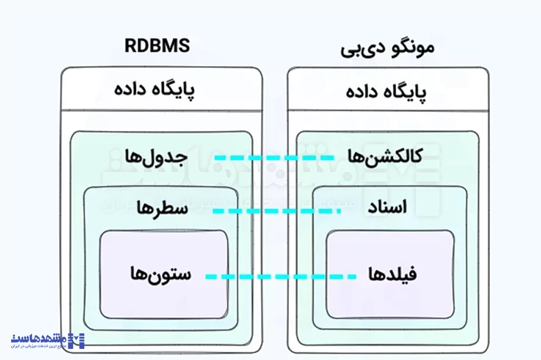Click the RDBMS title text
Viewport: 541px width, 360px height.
[157, 45]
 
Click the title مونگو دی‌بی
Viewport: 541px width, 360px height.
[387, 48]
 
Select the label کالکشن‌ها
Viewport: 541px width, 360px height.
[385, 156]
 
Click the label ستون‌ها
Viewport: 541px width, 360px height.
[160, 274]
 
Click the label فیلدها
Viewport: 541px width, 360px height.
[392, 274]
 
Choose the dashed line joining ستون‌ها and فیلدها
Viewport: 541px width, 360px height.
[280, 276]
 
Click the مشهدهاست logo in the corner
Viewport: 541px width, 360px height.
[47, 340]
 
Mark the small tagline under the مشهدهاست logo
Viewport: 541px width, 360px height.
[39, 347]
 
